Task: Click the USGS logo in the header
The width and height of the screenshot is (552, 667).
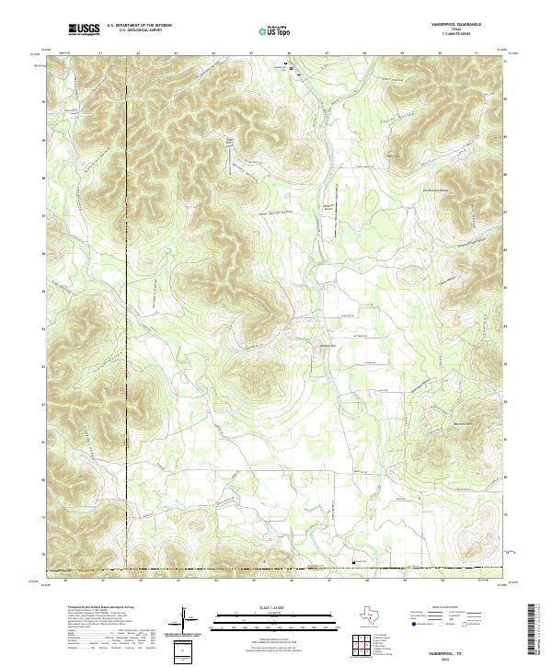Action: click(84, 30)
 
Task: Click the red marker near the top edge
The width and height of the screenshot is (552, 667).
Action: click(293, 69)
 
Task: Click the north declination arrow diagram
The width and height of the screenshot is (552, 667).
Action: click(185, 617)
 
